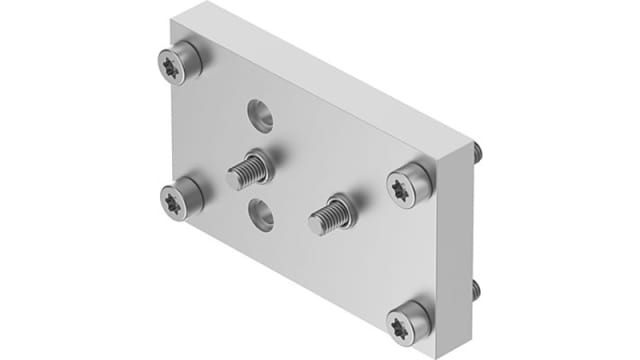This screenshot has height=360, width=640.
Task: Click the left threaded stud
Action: click(246, 172)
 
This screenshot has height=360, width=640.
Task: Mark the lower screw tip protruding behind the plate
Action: click(478, 291)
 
